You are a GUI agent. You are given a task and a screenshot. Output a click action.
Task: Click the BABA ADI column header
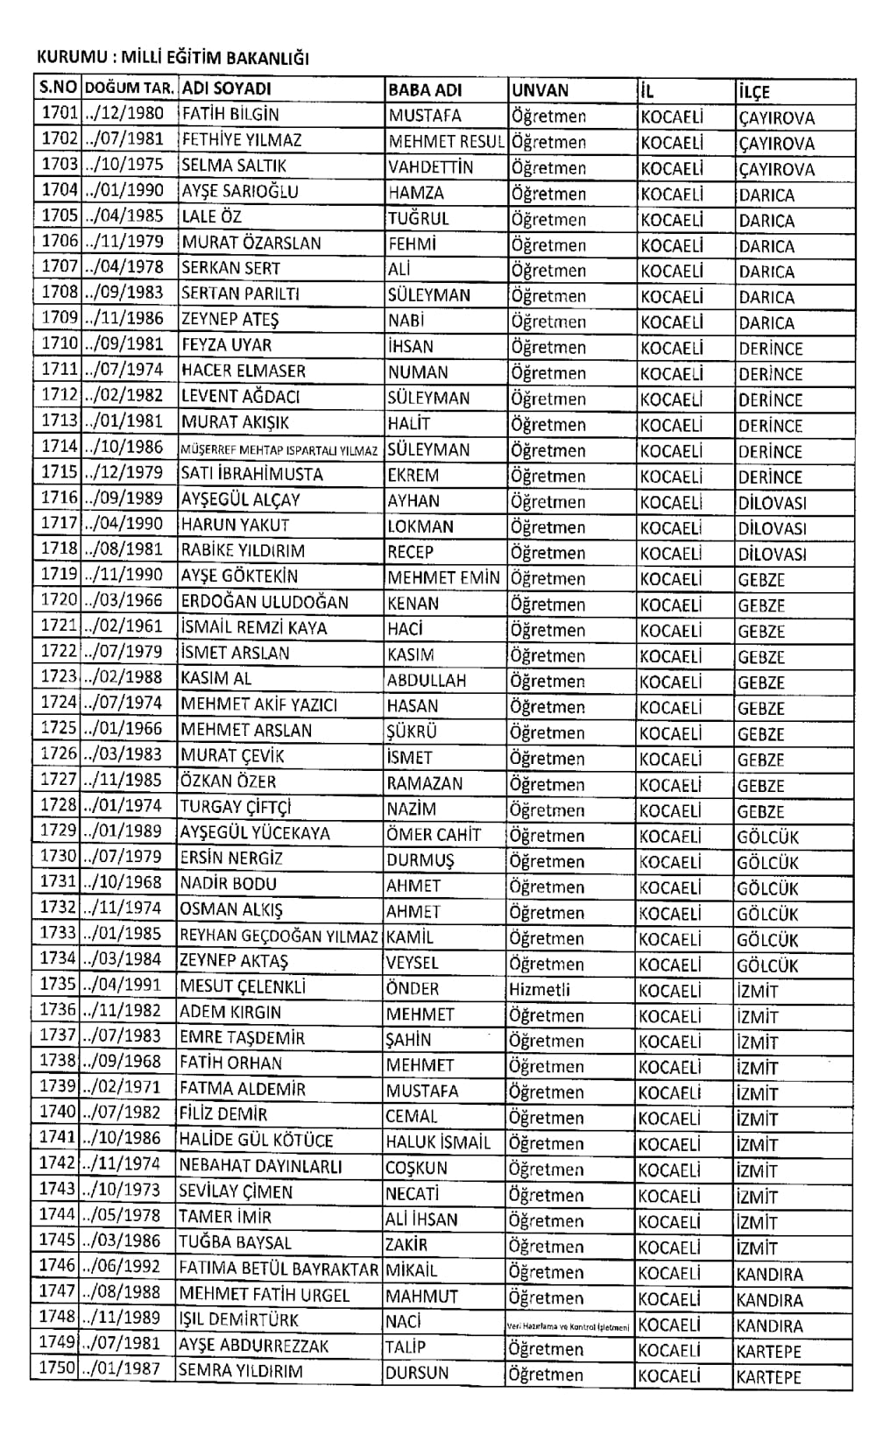(425, 89)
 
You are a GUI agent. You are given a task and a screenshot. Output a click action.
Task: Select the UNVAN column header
(540, 90)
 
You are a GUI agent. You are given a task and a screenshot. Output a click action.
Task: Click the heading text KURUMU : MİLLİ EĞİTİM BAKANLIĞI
(173, 60)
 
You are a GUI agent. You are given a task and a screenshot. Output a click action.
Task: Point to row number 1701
(60, 113)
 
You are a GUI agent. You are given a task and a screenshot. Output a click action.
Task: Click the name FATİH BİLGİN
(230, 114)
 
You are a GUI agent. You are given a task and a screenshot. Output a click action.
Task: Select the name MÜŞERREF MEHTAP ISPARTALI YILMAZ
(279, 450)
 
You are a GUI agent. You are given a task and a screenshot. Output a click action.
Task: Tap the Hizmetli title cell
(540, 989)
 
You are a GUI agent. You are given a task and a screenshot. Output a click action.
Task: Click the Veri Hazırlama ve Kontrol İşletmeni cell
(569, 1326)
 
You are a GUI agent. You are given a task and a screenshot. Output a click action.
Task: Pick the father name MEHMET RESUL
(446, 141)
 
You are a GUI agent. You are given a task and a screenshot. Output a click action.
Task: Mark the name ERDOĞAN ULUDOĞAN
(265, 602)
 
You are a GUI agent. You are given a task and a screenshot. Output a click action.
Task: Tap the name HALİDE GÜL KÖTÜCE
(256, 1141)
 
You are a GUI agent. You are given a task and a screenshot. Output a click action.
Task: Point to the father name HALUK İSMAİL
(438, 1142)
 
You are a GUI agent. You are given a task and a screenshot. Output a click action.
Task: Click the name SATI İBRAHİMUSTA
(251, 474)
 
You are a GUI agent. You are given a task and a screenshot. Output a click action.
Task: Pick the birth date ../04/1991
(122, 985)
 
